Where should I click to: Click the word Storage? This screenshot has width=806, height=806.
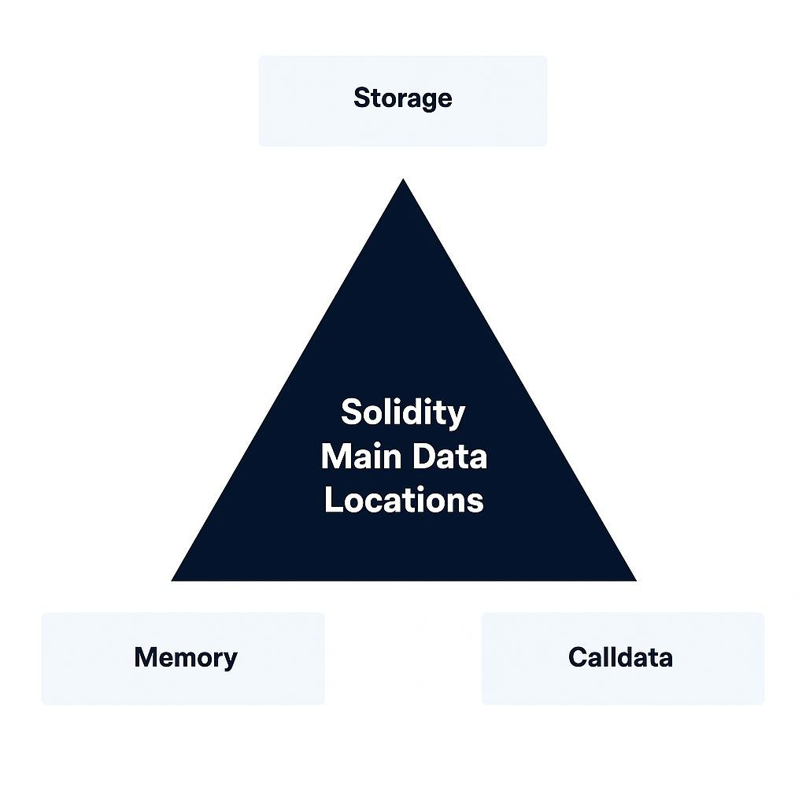point(402,98)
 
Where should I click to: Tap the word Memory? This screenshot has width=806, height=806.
point(185,657)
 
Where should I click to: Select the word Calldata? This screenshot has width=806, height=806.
point(620,657)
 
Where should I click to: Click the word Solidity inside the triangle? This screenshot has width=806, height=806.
point(403,412)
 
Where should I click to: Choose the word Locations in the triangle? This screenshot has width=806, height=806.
point(404,501)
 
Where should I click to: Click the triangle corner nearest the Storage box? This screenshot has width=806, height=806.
point(403,182)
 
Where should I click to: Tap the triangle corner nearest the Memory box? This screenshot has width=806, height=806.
point(175,579)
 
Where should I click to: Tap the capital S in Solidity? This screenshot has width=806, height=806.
point(350,412)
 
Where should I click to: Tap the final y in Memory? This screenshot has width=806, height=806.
point(229,660)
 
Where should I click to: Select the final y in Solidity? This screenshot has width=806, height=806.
point(457,416)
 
